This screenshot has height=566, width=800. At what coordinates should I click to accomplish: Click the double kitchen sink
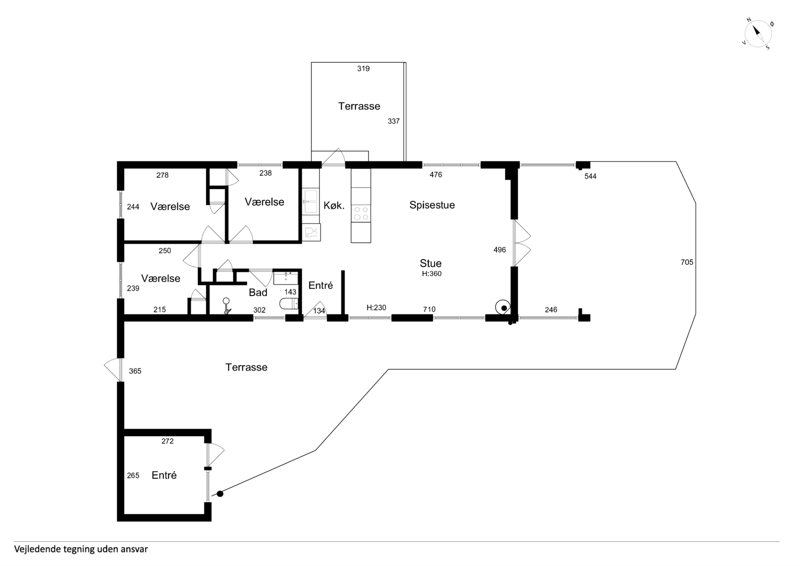[x=311, y=201]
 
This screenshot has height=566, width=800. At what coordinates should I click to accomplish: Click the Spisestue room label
[x=432, y=205]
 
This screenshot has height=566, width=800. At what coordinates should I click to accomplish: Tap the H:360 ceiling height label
[x=432, y=274]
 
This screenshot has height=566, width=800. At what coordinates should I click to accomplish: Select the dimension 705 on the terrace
[x=687, y=262]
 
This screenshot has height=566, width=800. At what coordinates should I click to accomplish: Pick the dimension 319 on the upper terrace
[x=363, y=69]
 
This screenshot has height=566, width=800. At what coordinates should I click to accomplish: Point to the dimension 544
[x=590, y=176]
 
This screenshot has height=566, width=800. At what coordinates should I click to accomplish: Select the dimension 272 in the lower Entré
[x=167, y=441]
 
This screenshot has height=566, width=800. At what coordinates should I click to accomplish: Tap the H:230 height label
[x=376, y=308]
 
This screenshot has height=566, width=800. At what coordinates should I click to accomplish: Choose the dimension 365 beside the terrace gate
[x=135, y=371]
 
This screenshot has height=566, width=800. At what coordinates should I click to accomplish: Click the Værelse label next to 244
[x=170, y=207]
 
